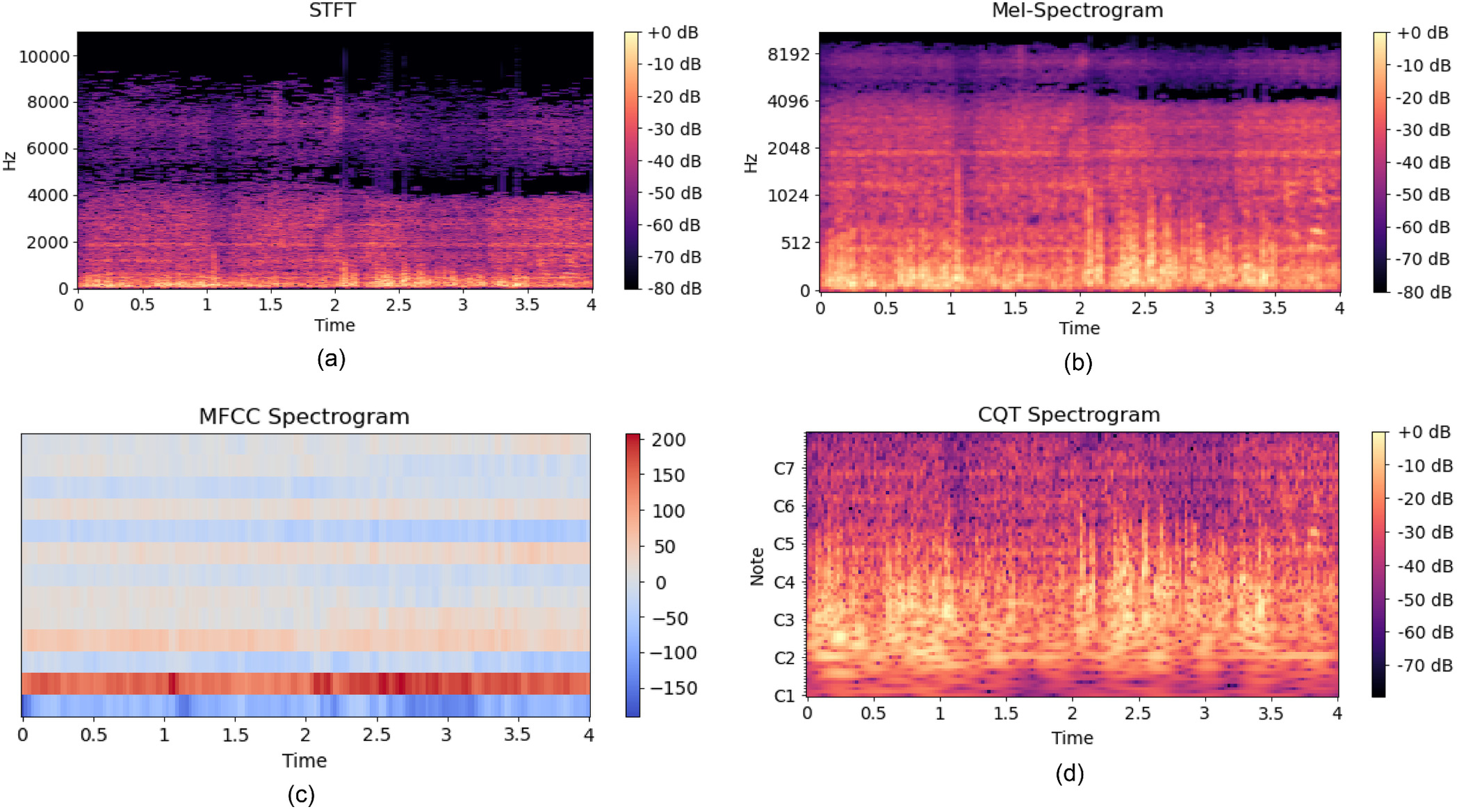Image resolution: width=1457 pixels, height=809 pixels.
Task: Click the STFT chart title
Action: click(x=332, y=10)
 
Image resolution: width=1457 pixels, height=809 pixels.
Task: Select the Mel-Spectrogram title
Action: click(x=1077, y=10)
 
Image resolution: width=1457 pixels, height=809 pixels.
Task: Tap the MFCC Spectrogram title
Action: click(x=304, y=416)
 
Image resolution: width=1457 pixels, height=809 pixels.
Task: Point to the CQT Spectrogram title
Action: click(x=1068, y=415)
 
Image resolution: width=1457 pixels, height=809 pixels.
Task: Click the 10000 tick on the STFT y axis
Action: click(x=44, y=56)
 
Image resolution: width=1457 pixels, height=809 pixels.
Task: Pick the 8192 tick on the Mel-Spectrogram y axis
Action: click(x=788, y=54)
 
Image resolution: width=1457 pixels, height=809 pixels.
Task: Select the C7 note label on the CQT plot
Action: click(x=783, y=469)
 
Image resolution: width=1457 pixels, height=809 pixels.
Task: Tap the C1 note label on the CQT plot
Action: click(x=783, y=696)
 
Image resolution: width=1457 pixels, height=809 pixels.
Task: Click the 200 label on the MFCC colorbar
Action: click(x=668, y=440)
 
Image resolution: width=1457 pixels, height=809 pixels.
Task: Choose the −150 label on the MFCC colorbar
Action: click(x=673, y=688)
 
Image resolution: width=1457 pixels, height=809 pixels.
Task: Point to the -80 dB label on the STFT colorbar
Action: click(x=674, y=288)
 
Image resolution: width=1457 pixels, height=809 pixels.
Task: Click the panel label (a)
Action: click(x=331, y=359)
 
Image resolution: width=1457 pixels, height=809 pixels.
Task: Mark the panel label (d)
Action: click(x=1069, y=774)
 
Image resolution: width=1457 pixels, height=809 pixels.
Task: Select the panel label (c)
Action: click(x=301, y=794)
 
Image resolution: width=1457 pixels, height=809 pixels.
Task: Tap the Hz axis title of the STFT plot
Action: click(x=10, y=161)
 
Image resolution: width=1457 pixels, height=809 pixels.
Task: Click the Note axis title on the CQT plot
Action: click(x=757, y=566)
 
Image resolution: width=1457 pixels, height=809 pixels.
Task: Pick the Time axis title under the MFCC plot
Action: click(x=304, y=760)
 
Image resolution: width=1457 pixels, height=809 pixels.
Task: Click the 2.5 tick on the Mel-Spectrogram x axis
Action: click(x=1143, y=308)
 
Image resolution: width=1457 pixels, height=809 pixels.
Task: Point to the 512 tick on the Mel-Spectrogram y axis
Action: click(x=795, y=243)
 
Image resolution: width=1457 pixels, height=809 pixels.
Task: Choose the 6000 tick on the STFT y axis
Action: click(x=47, y=149)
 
